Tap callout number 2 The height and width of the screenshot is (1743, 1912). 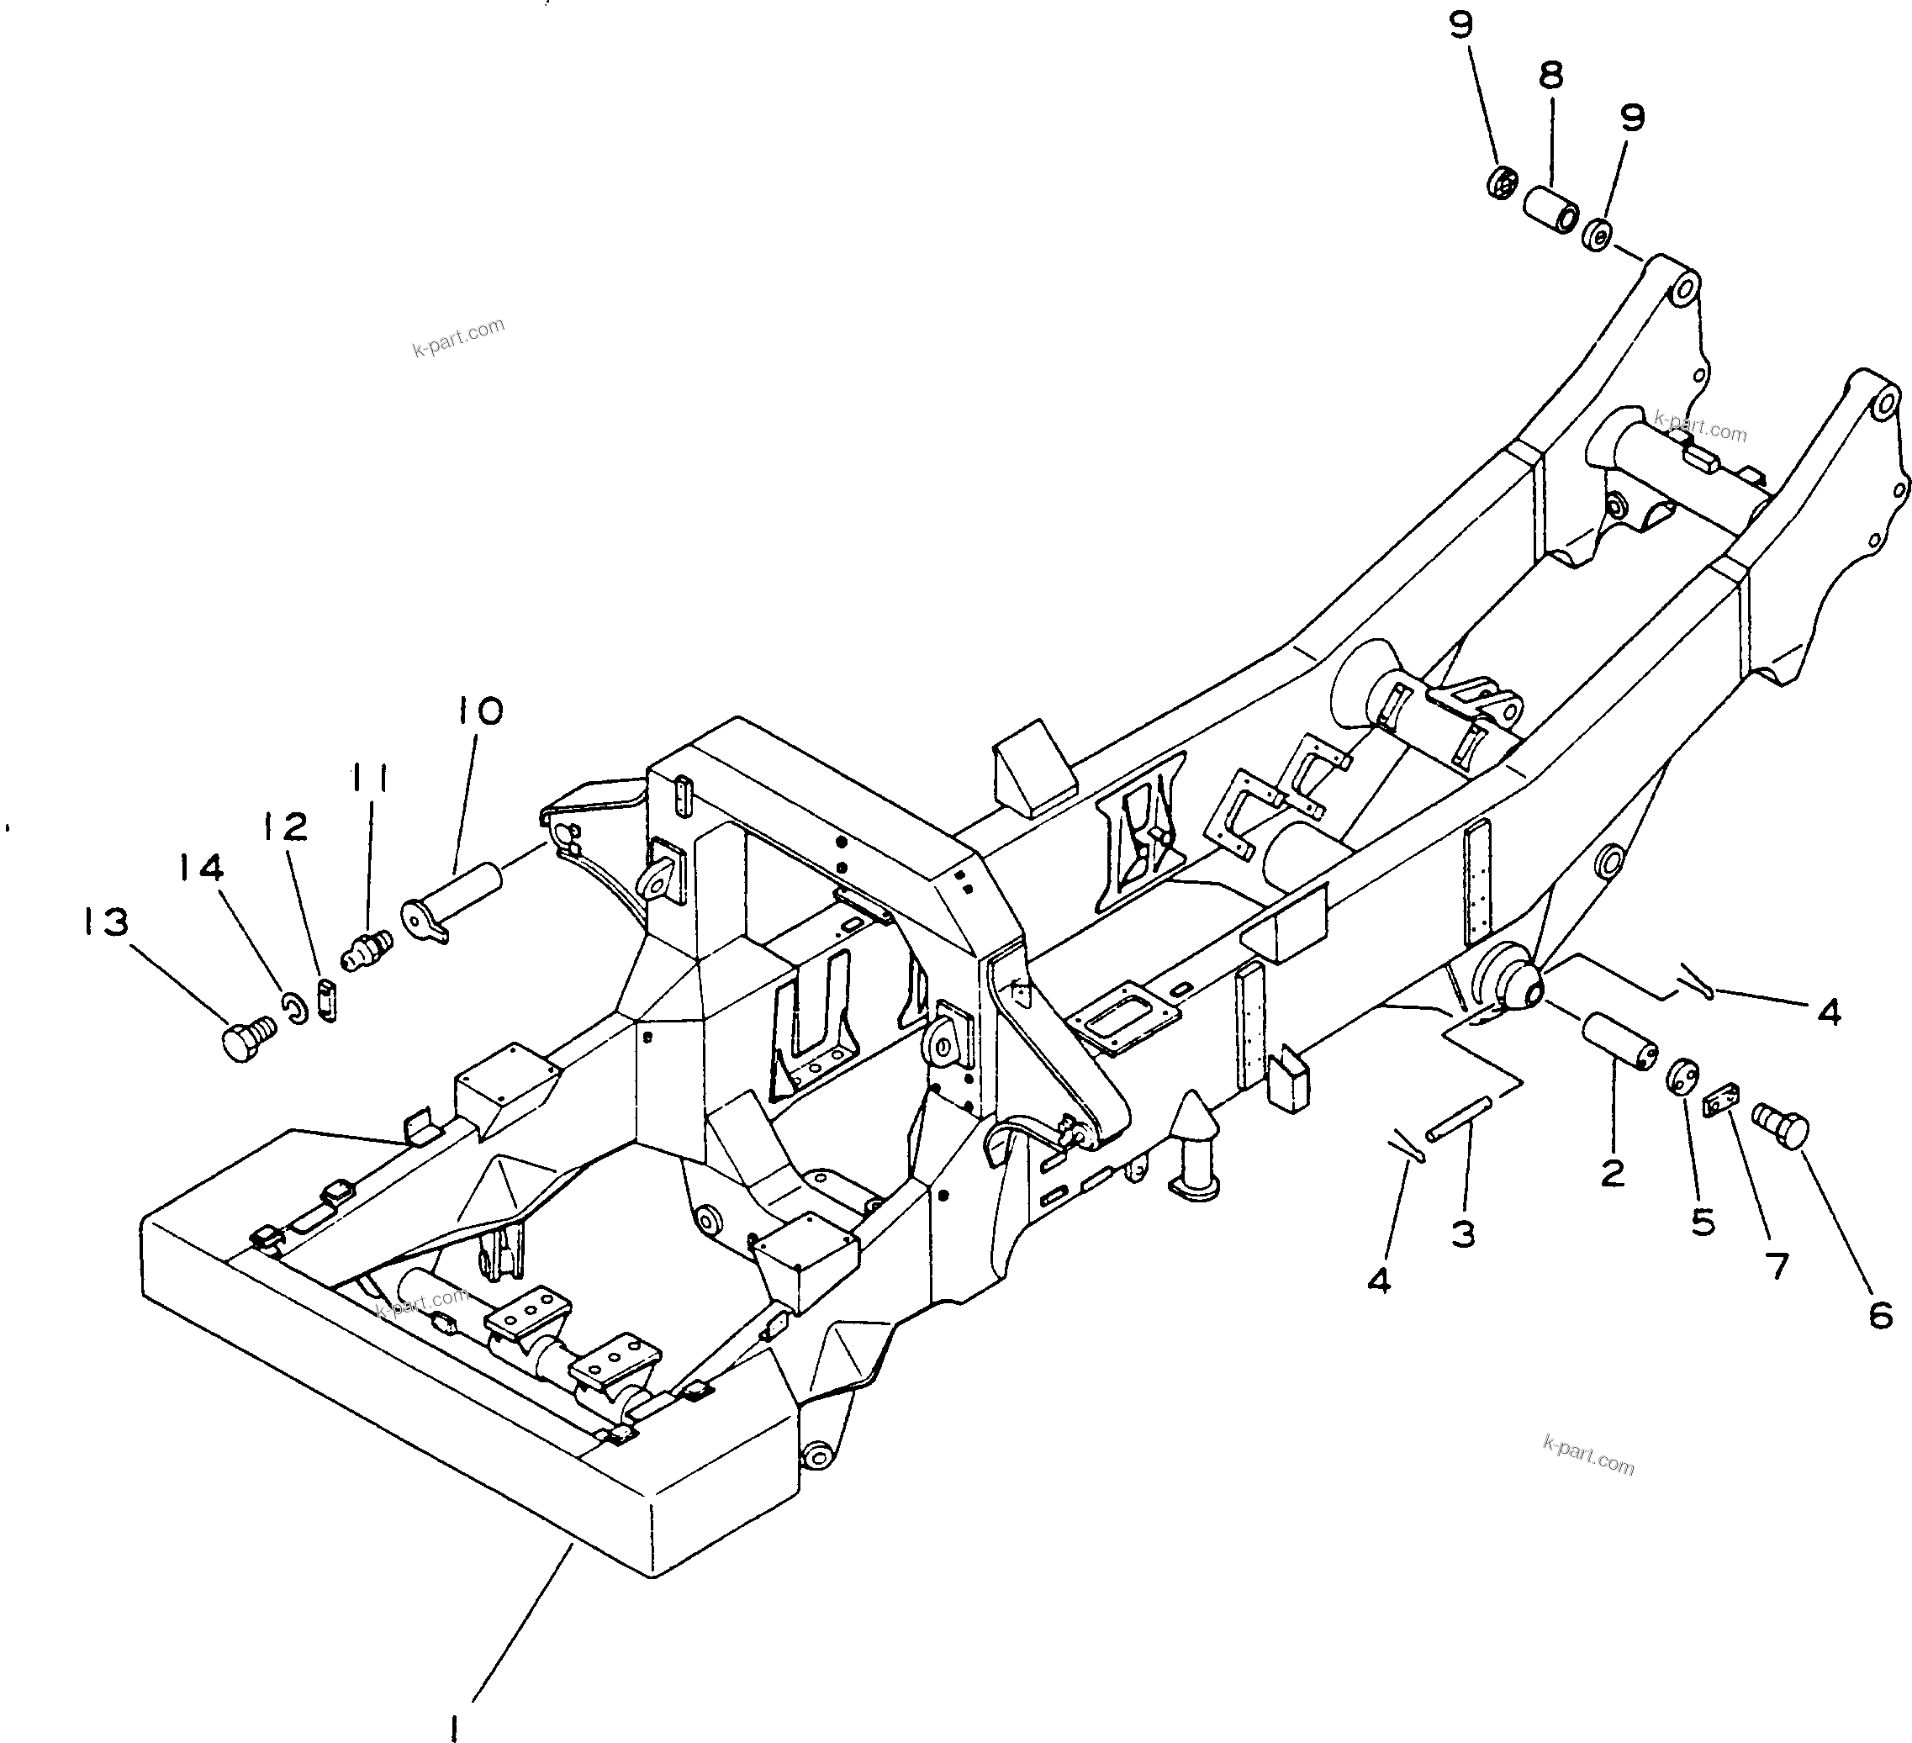coord(1613,1173)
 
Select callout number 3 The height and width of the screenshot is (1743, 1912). coord(1463,1233)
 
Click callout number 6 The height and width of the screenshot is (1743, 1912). coord(1881,1314)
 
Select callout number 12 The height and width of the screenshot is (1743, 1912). coord(287,827)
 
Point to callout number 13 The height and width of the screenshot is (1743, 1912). coord(104,921)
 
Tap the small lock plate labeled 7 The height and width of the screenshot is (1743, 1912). coord(1720,1103)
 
